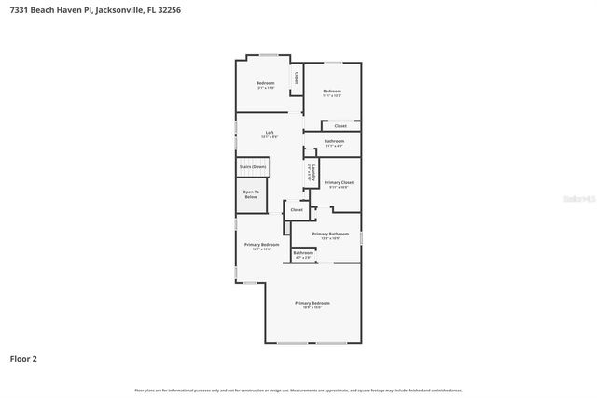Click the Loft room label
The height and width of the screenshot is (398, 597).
(x=269, y=133)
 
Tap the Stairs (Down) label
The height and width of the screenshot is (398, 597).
(x=252, y=166)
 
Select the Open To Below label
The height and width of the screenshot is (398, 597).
(x=250, y=194)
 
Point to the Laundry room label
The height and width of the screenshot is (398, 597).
(x=310, y=172)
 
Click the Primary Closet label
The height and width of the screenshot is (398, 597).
(x=339, y=183)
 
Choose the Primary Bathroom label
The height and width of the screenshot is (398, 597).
(x=330, y=235)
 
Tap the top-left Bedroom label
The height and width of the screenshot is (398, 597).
(x=265, y=84)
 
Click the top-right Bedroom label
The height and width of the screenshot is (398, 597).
(x=332, y=92)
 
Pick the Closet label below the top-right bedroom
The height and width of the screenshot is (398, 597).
(x=340, y=125)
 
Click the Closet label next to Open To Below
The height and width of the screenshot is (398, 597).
(x=297, y=210)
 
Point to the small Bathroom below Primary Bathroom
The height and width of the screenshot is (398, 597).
(x=303, y=253)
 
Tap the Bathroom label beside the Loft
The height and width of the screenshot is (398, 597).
(x=334, y=142)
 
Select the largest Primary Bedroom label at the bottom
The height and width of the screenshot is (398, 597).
(x=312, y=304)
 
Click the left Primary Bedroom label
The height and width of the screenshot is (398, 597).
(x=262, y=246)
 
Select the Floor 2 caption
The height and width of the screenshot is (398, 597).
(x=23, y=358)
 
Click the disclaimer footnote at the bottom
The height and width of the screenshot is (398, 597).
(x=298, y=390)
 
